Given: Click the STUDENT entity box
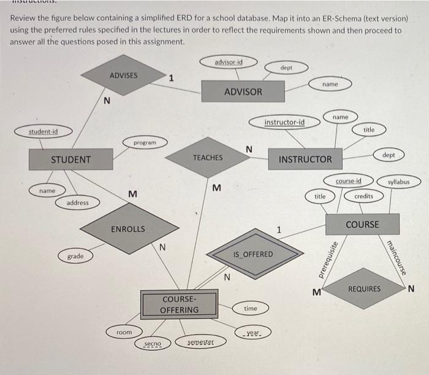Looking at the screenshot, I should click(70, 160).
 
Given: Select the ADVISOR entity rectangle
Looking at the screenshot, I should click(243, 91).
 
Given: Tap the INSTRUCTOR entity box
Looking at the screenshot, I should click(305, 160).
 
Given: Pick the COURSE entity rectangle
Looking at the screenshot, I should click(362, 224).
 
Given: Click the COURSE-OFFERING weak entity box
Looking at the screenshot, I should click(180, 304).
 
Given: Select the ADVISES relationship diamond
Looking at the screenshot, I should click(124, 75).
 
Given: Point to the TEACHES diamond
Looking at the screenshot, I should click(208, 158).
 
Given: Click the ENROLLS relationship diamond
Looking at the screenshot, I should click(128, 229).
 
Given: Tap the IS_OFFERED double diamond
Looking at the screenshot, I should click(253, 253).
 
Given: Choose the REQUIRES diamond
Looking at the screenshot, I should click(364, 288).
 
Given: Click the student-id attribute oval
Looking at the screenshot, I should click(43, 131).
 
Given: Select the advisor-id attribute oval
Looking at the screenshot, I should click(229, 62).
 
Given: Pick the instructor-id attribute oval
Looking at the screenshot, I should click(284, 123).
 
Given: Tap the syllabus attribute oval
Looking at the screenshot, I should click(398, 182).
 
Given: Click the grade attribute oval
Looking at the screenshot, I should click(75, 256).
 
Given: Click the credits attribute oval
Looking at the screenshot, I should click(363, 196).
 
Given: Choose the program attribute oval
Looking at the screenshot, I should click(144, 142).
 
